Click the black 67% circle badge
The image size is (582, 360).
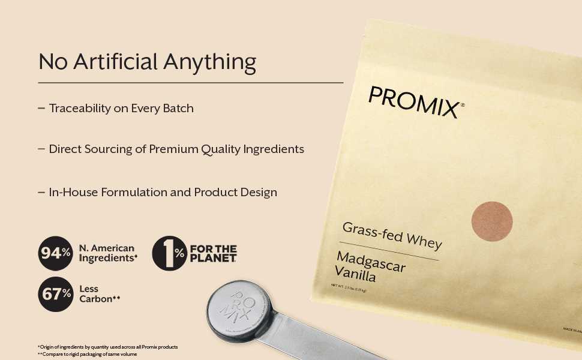[56, 294]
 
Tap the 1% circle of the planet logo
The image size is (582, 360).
[170, 253]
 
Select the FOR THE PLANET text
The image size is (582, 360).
[213, 253]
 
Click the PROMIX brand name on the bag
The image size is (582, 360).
[415, 102]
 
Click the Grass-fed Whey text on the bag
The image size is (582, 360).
[392, 235]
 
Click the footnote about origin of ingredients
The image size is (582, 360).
[107, 347]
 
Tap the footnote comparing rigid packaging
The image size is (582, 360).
[87, 355]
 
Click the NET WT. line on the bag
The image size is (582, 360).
[349, 287]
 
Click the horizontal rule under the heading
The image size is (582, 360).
[191, 82]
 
